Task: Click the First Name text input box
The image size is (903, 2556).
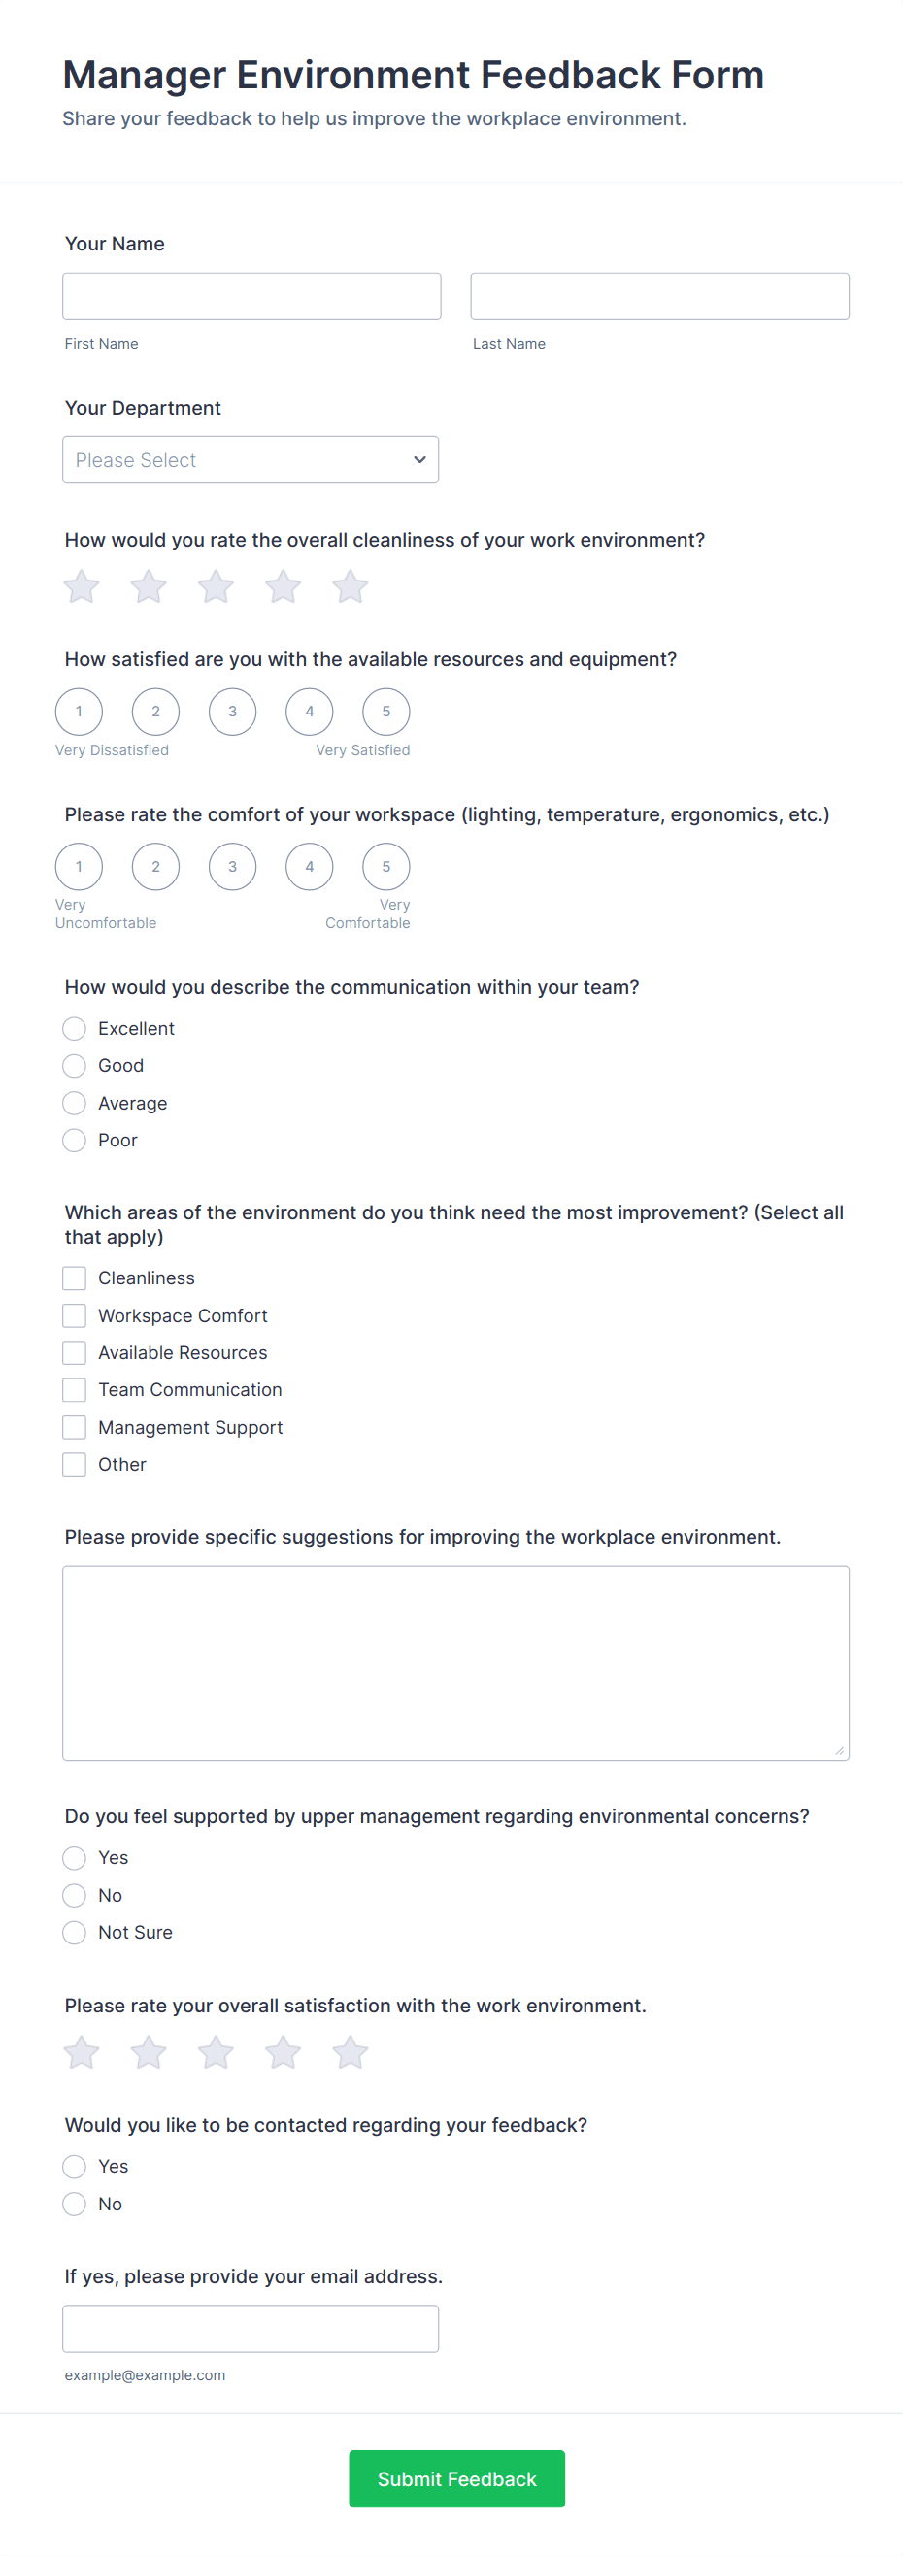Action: point(251,297)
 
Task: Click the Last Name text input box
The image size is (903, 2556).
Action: point(659,297)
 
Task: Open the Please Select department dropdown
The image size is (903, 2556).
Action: point(251,459)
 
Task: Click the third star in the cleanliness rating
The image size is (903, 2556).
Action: point(216,586)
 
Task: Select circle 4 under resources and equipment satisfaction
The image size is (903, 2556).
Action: point(310,712)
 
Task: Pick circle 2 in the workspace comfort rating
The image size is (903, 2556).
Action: point(155,866)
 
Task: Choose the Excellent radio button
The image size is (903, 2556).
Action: point(75,1028)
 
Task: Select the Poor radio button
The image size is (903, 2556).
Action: point(75,1140)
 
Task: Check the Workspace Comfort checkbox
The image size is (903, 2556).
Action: point(75,1315)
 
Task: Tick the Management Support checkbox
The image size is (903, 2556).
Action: point(75,1427)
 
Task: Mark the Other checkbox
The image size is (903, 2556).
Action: point(75,1465)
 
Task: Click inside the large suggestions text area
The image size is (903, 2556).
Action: point(455,1663)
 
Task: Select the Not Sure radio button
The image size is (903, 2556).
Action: point(75,1932)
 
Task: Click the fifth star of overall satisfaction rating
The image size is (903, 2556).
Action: point(351,2052)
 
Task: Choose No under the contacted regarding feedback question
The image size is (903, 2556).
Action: point(75,2204)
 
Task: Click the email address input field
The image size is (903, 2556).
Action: point(251,2329)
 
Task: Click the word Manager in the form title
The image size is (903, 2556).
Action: point(144,76)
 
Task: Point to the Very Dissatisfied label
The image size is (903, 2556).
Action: point(112,750)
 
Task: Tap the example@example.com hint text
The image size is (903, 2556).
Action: point(145,2375)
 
